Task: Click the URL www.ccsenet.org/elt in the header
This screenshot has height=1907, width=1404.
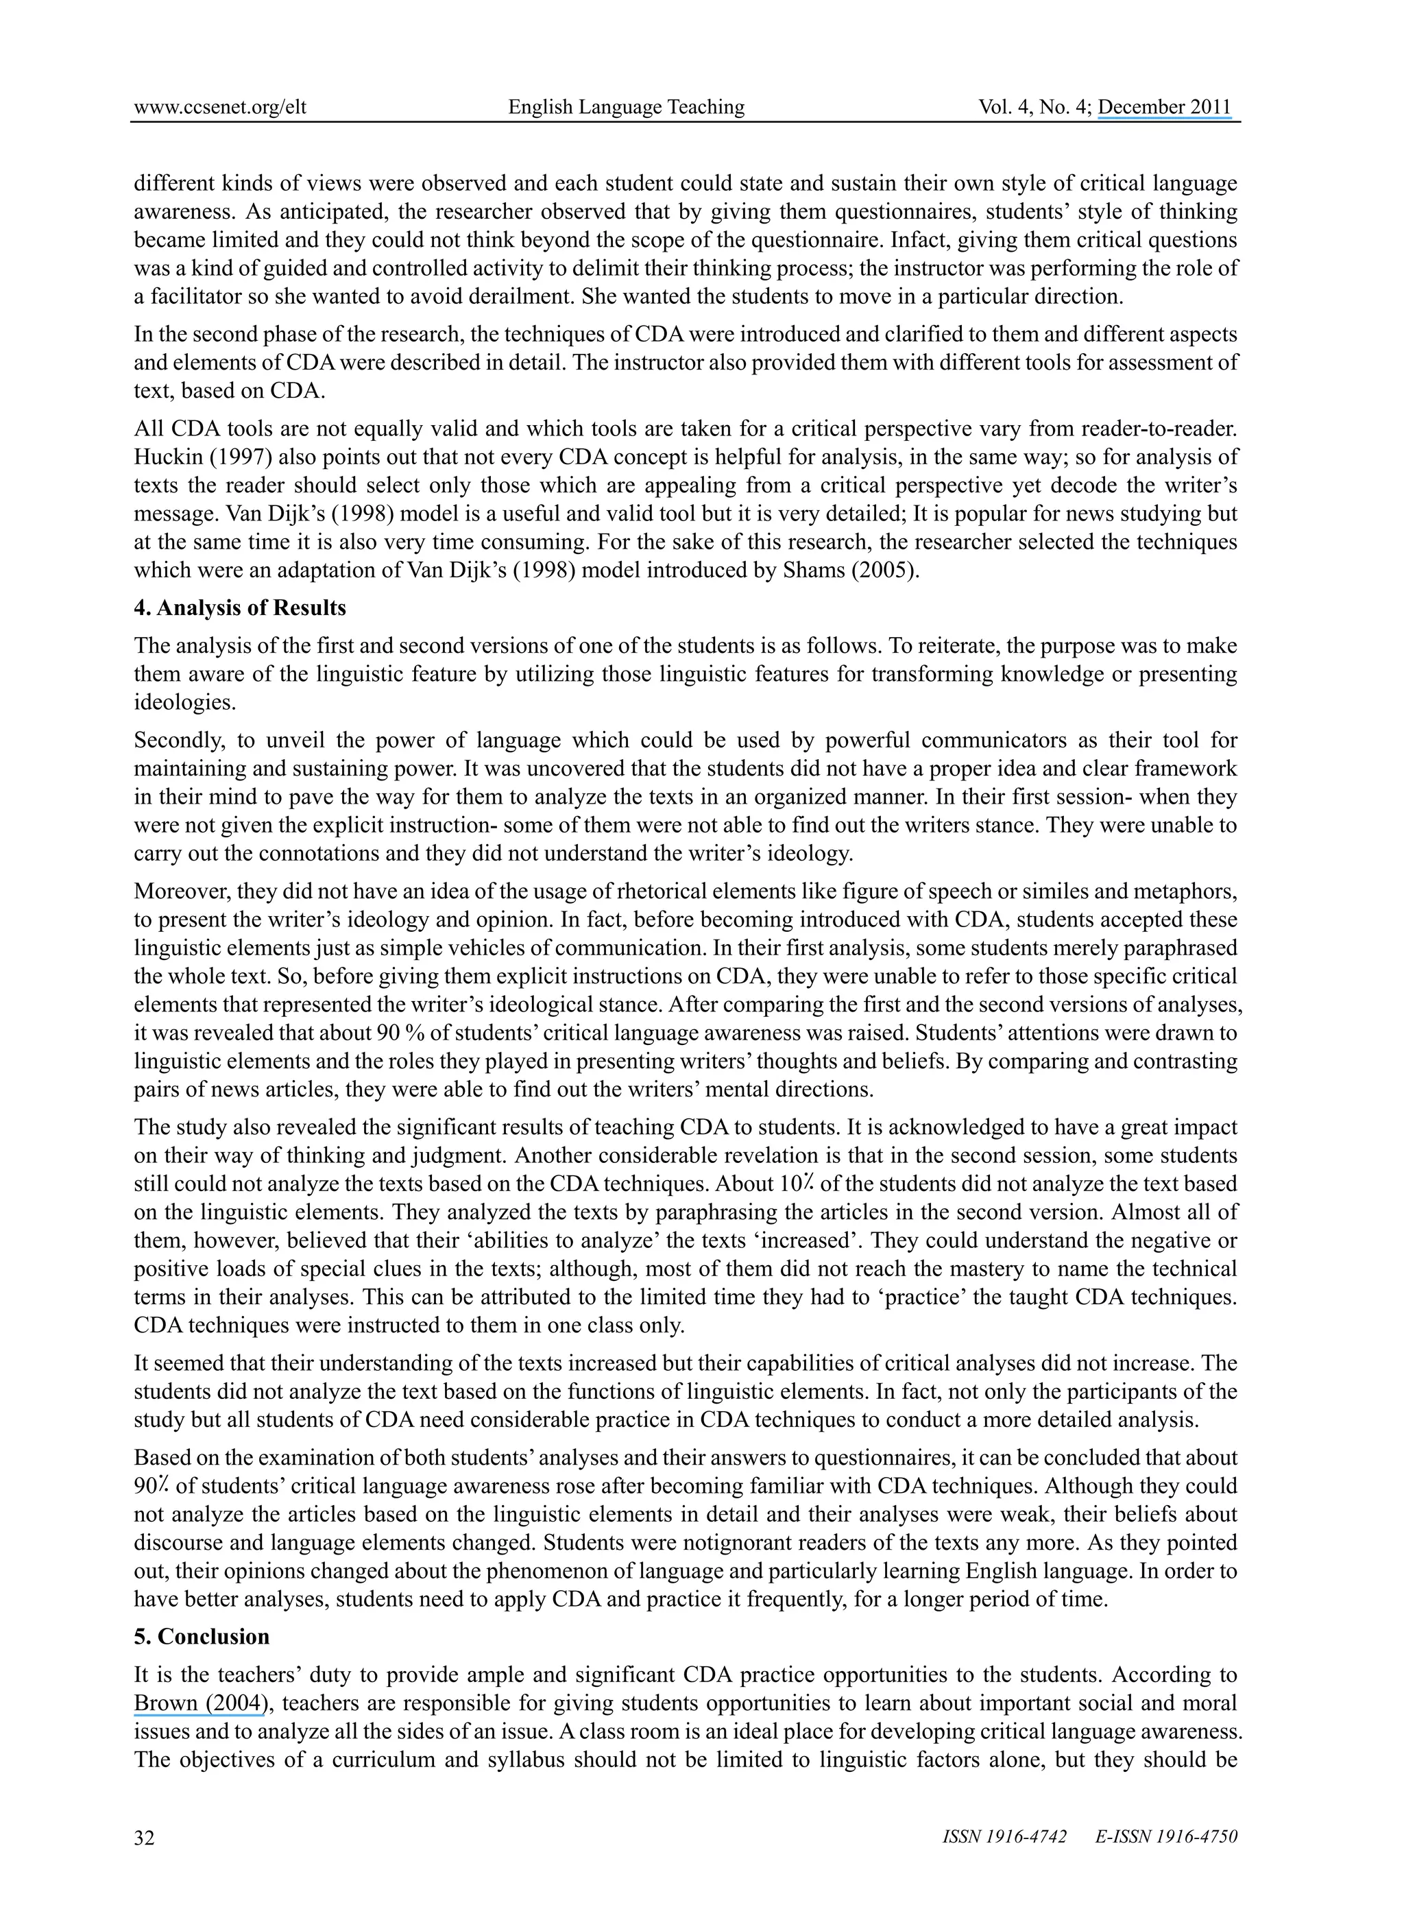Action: pyautogui.click(x=220, y=107)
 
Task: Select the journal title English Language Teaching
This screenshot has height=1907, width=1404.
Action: pyautogui.click(x=627, y=107)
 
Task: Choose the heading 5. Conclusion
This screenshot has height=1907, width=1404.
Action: pyautogui.click(x=202, y=1637)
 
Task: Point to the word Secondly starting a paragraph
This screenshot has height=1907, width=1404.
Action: pyautogui.click(x=178, y=741)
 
